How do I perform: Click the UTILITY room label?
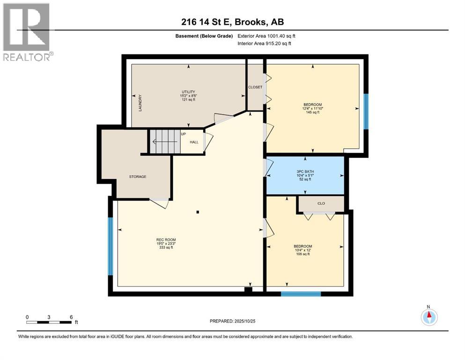(x=188, y=92)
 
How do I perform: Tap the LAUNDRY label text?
(x=140, y=103)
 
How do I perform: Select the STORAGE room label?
(x=138, y=177)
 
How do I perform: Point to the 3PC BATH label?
(x=305, y=172)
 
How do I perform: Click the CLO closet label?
(x=321, y=203)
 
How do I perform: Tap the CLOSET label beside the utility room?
(x=255, y=87)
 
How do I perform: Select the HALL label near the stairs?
(x=194, y=142)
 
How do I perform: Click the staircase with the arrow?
(x=165, y=142)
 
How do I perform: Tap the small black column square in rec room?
(x=198, y=212)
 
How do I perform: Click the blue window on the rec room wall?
(x=111, y=247)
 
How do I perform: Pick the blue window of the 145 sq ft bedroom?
(x=366, y=112)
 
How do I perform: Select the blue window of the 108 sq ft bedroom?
(x=301, y=294)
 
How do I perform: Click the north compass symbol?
(x=429, y=316)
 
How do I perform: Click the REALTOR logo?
(x=27, y=32)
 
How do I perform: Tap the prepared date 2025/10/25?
(x=245, y=321)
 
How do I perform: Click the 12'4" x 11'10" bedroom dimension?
(x=312, y=109)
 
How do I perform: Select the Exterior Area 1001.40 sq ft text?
(x=266, y=36)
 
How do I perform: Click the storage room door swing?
(x=159, y=203)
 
